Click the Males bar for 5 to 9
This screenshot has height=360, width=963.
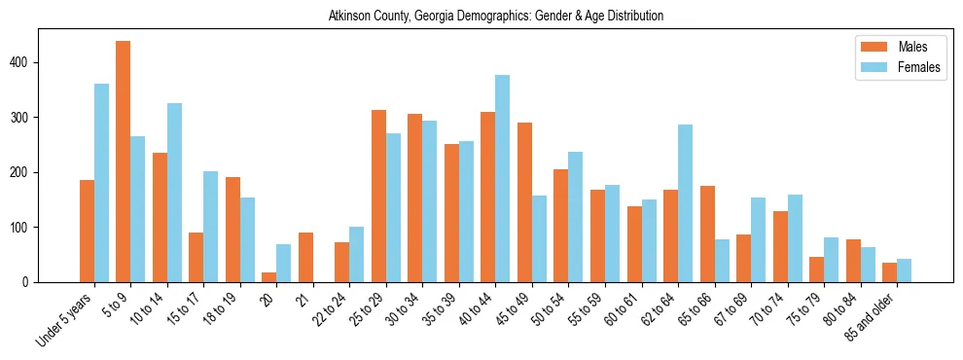click(x=124, y=162)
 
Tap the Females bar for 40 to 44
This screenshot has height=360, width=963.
click(x=503, y=178)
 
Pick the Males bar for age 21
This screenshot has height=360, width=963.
click(x=305, y=257)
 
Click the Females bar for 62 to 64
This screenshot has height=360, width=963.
click(x=685, y=203)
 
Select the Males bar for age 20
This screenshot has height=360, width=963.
click(x=269, y=277)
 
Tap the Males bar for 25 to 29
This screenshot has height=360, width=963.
click(x=378, y=196)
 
